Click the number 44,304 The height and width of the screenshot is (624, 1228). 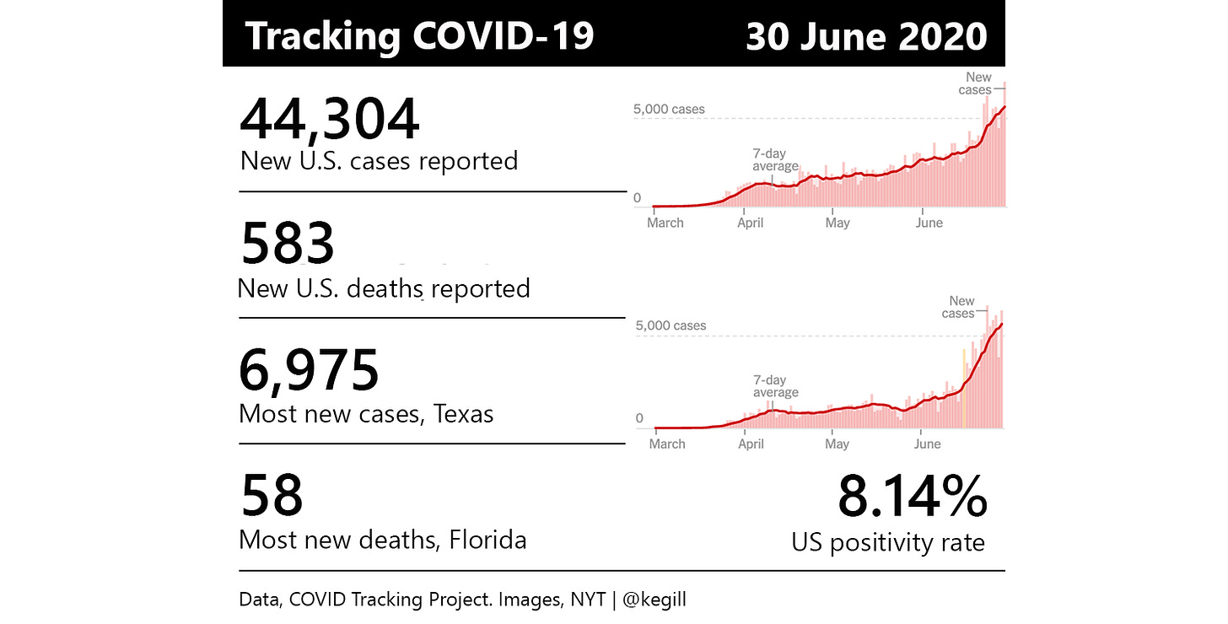(329, 119)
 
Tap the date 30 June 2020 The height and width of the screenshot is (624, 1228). (866, 36)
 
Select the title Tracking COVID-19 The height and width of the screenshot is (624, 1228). (419, 36)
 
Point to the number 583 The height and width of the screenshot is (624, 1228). (288, 245)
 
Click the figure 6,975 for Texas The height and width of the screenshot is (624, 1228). (309, 371)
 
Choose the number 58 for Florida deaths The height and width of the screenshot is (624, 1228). (272, 496)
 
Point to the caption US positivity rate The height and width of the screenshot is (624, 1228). (887, 541)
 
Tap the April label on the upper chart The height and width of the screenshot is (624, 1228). (751, 223)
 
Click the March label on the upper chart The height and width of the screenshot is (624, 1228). (665, 223)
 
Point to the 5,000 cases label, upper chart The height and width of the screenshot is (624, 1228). (669, 109)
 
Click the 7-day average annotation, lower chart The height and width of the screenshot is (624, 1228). (775, 386)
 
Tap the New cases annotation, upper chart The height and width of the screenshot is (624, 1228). (977, 83)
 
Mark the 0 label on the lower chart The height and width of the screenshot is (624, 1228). (639, 418)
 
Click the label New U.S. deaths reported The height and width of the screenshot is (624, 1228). (384, 288)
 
